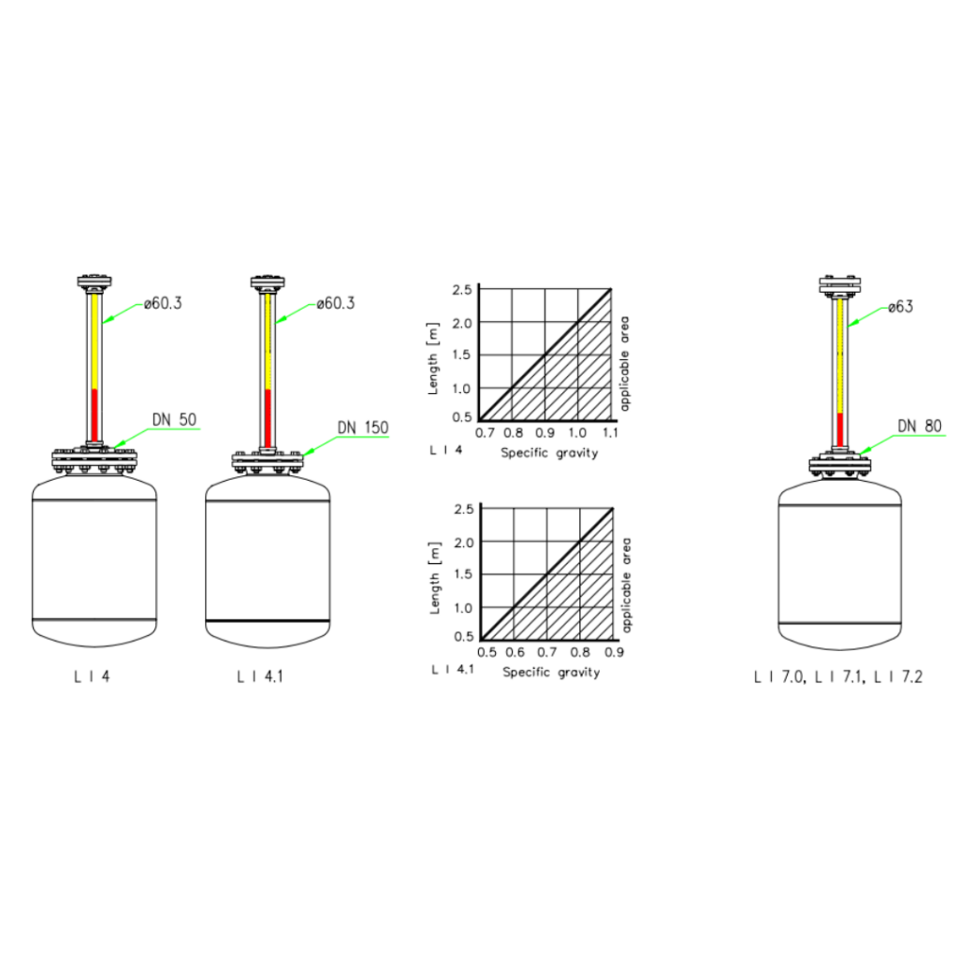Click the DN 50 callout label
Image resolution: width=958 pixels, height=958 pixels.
tap(174, 420)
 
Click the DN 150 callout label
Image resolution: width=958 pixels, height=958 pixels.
tap(363, 427)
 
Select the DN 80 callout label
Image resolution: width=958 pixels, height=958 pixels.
tap(920, 426)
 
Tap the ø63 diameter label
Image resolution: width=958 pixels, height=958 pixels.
tap(901, 307)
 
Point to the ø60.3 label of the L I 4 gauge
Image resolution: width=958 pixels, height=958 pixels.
tap(163, 303)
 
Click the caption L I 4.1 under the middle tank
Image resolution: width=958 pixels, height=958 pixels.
tap(260, 676)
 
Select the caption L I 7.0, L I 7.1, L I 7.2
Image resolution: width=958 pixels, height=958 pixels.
tap(838, 677)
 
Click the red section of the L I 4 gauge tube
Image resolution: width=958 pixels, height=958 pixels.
tap(94, 414)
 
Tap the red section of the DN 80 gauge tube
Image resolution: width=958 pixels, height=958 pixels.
tap(840, 429)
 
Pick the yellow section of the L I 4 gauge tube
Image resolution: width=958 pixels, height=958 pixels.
tap(94, 342)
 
